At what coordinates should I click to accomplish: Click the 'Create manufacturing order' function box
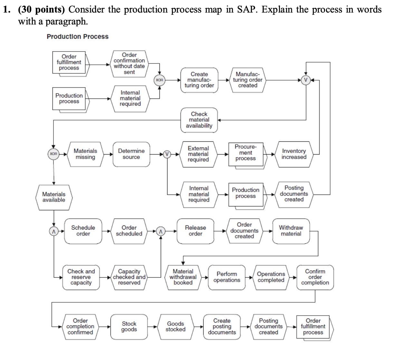pos(199,80)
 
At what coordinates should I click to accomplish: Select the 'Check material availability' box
pos(199,120)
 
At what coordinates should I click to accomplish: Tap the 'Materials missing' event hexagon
pos(85,154)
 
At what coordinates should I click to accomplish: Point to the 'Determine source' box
pos(131,154)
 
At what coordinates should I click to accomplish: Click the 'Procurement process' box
pos(245,153)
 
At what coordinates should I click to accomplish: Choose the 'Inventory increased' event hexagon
pos(294,154)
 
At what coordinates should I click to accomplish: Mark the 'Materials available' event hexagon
pos(54,197)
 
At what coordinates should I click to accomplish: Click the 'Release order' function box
pos(195,231)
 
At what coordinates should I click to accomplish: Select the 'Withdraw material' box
pos(291,231)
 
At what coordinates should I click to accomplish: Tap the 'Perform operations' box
pos(227,277)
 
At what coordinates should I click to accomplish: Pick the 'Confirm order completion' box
pos(315,277)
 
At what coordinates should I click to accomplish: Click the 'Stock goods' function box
pos(129,327)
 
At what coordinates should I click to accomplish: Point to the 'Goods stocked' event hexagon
pos(176,327)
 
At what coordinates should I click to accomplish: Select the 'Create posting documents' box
pos(222,327)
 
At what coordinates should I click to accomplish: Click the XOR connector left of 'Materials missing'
pos(53,154)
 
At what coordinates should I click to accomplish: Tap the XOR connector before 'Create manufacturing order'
pos(159,80)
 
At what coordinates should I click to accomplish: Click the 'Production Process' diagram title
pos(78,37)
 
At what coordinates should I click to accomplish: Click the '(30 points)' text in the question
pos(42,9)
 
